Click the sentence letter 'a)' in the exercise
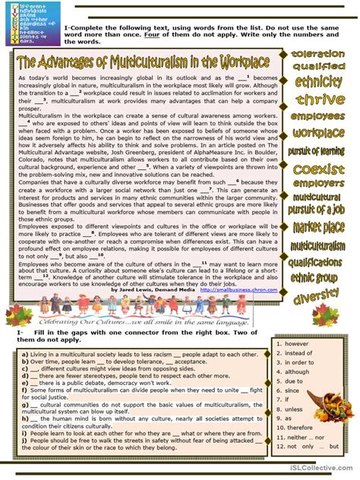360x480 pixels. [25, 354]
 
